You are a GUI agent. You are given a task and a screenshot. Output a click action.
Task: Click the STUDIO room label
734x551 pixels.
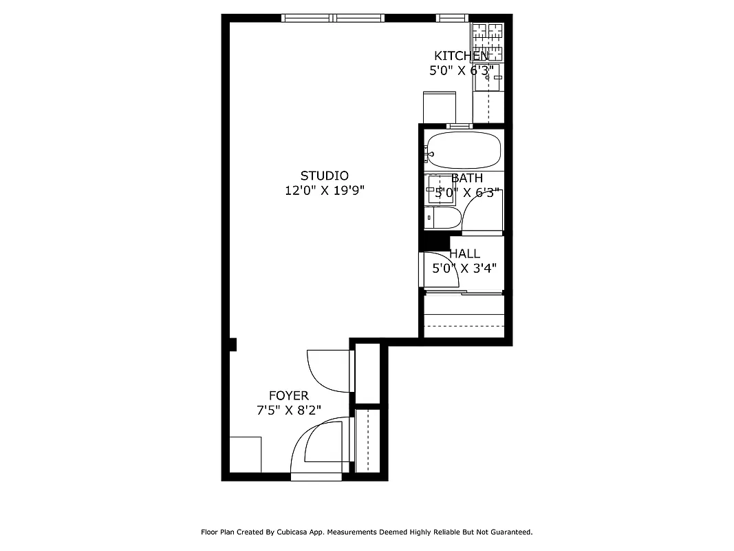tap(324, 176)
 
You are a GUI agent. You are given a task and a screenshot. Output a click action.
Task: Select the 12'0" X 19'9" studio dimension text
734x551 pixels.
tap(324, 191)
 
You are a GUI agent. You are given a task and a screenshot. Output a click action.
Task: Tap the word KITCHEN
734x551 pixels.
tap(461, 56)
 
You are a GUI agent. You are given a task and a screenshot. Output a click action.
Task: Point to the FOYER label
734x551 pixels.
tap(288, 395)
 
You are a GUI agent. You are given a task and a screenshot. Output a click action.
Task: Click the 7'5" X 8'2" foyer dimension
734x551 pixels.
tap(288, 410)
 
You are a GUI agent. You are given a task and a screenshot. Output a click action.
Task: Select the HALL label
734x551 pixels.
tap(464, 253)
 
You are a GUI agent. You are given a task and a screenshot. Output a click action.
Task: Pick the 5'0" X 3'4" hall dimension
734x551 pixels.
tap(464, 269)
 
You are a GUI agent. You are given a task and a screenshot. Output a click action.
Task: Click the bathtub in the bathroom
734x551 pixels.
tap(463, 150)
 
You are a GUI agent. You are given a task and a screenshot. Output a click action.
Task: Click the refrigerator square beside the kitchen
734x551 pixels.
tap(440, 107)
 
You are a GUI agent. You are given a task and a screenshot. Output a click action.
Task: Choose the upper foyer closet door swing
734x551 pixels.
tap(327, 371)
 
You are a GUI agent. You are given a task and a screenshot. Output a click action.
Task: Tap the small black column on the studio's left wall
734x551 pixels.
tap(233, 344)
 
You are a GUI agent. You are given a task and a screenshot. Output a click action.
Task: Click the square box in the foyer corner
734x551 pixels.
tap(245, 454)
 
